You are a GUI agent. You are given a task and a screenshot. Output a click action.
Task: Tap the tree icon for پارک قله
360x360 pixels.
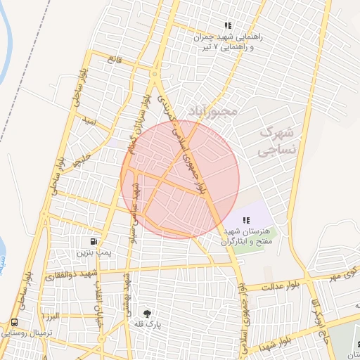click(x=148, y=314)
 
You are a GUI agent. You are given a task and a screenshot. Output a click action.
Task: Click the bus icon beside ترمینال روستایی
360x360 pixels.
click(x=14, y=322)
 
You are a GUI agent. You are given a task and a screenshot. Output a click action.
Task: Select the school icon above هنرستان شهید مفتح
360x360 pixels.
click(x=245, y=220)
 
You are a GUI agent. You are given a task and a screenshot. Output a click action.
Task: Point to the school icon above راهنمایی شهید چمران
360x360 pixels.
click(x=226, y=26)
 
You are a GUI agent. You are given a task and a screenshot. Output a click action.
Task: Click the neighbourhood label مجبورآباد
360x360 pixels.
click(x=213, y=111)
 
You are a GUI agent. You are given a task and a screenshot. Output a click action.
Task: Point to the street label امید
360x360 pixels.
click(x=88, y=122)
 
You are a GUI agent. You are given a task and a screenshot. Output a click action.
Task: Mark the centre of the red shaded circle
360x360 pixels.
click(x=180, y=179)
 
